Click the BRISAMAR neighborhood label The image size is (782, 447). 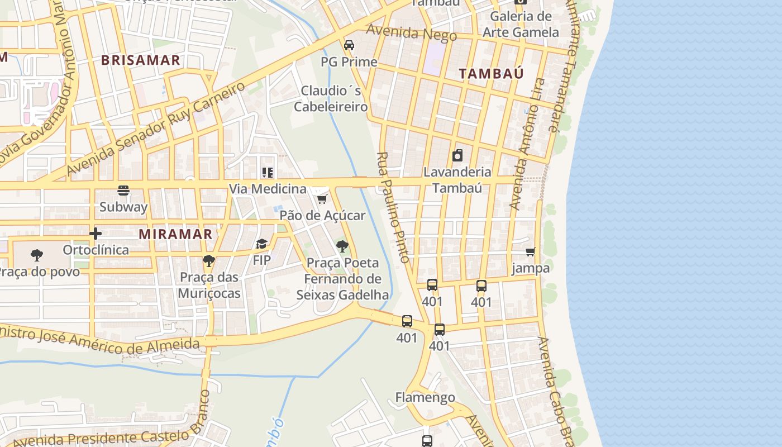[141, 60]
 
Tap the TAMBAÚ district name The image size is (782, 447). [492, 73]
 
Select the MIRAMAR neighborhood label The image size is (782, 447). [176, 234]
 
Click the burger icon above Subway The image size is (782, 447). [123, 191]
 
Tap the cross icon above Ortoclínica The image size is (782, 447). [96, 234]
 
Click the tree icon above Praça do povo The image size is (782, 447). [37, 255]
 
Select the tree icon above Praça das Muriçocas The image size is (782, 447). [209, 260]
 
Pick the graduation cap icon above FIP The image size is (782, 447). [261, 244]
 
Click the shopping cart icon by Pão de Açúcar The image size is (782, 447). [322, 199]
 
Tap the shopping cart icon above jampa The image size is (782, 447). [530, 252]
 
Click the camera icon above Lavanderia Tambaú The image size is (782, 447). [457, 155]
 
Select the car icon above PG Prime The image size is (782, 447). [349, 45]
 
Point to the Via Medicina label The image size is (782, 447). [268, 189]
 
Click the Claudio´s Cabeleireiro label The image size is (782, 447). [331, 98]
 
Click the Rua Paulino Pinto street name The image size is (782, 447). [394, 207]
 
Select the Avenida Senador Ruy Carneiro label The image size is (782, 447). [156, 129]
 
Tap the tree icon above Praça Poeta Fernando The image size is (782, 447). [342, 246]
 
